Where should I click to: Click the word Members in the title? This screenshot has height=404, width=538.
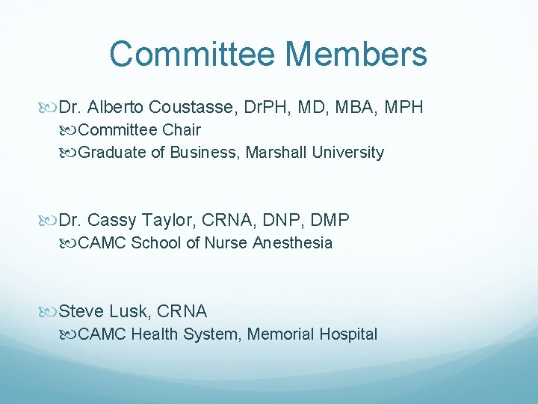[x=356, y=55]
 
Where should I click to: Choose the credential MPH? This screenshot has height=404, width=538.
[x=404, y=108]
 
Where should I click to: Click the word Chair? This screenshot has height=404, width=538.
[x=182, y=130]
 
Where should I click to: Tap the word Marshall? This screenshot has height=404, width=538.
[x=276, y=153]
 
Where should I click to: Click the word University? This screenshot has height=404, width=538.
[x=347, y=153]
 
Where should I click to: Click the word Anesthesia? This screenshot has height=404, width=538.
[x=293, y=243]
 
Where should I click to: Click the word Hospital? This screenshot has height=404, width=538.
[x=349, y=334]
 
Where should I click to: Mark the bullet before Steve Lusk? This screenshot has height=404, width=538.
[x=50, y=312]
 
